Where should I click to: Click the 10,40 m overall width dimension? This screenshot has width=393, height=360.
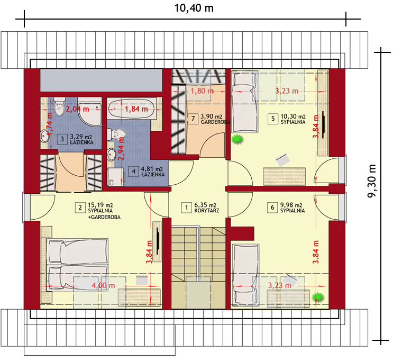pyautogui.click(x=194, y=8)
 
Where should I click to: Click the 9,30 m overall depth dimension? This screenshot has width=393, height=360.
pyautogui.click(x=372, y=181)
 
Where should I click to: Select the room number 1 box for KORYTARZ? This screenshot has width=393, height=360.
pyautogui.click(x=186, y=208)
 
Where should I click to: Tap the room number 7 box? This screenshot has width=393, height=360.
pyautogui.click(x=193, y=119)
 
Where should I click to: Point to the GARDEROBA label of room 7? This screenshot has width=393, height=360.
pyautogui.click(x=216, y=122)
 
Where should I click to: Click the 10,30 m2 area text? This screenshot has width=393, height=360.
pyautogui.click(x=293, y=116)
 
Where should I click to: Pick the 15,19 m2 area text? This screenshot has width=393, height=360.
pyautogui.click(x=100, y=205)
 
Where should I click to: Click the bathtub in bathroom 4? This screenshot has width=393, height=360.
pyautogui.click(x=132, y=109)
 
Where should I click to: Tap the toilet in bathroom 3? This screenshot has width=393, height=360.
pyautogui.click(x=59, y=106)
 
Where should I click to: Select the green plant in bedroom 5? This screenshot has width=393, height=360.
pyautogui.click(x=237, y=139)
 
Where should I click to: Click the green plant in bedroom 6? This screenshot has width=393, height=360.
pyautogui.click(x=318, y=297)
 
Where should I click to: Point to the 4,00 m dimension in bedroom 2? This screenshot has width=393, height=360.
pyautogui.click(x=103, y=285)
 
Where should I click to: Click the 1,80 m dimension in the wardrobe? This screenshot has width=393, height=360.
pyautogui.click(x=202, y=91)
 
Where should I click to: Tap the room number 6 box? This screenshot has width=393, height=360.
pyautogui.click(x=272, y=208)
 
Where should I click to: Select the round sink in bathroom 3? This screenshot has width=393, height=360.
pyautogui.click(x=45, y=136)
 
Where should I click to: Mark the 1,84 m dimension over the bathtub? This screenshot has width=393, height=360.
pyautogui.click(x=136, y=109)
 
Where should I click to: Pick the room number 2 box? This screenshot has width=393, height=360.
pyautogui.click(x=80, y=208)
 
